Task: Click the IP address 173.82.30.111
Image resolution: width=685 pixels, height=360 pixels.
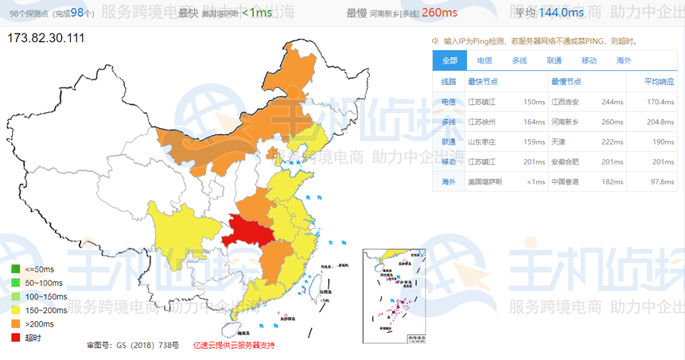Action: coord(45,38)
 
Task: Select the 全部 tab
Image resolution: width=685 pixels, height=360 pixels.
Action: coord(450,60)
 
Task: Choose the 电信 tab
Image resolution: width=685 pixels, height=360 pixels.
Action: coord(484,60)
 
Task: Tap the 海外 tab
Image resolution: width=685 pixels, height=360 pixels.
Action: coord(623,60)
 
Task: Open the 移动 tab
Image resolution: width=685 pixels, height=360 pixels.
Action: coord(589,60)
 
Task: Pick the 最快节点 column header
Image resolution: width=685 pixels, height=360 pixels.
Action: coord(482,82)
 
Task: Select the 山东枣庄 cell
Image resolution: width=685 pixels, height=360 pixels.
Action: coord(482,142)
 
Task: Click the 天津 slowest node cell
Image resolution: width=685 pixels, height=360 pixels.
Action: coord(558,142)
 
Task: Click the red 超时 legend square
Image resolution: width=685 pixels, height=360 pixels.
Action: coord(15,338)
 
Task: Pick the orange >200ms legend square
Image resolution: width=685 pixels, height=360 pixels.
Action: coord(15,324)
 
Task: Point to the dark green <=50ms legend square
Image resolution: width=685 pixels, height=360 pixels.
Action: coord(15,269)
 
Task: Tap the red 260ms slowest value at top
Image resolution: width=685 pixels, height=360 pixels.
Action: coord(439,13)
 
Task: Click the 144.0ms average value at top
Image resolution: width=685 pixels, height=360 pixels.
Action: coord(561,13)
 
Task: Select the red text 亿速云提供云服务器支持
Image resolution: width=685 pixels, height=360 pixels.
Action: coord(233,345)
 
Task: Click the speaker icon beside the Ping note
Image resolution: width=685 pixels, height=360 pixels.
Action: coord(435,41)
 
